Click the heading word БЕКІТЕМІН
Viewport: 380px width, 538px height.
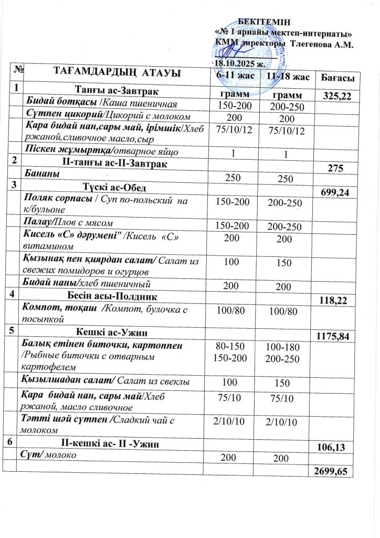pyautogui.click(x=261, y=21)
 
